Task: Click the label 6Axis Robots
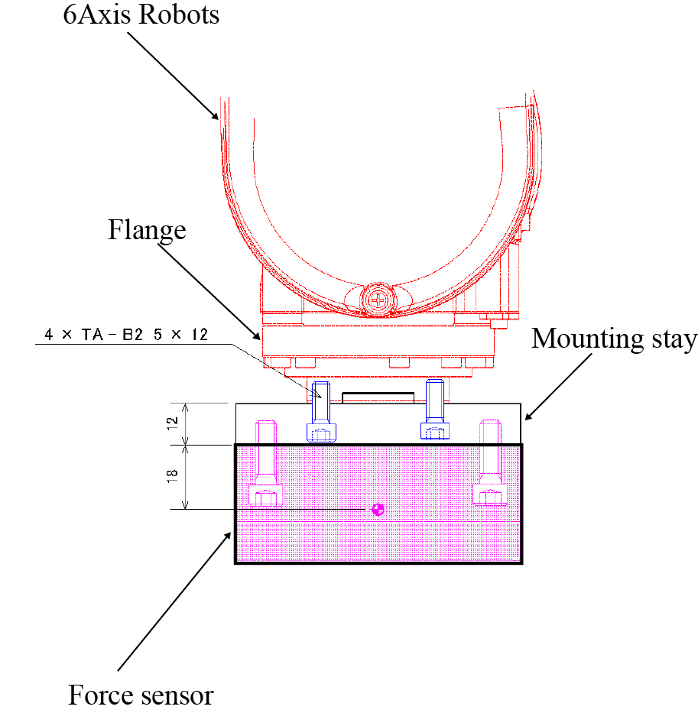[x=141, y=14]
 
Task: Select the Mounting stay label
[x=614, y=338]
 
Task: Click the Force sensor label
[x=141, y=695]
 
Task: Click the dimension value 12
[x=173, y=423]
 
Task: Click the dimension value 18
[x=173, y=477]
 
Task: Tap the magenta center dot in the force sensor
[x=376, y=509]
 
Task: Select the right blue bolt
[x=434, y=410]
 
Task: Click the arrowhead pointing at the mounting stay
[x=526, y=416]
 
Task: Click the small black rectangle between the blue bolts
[x=378, y=397]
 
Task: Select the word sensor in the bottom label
[x=177, y=695]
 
